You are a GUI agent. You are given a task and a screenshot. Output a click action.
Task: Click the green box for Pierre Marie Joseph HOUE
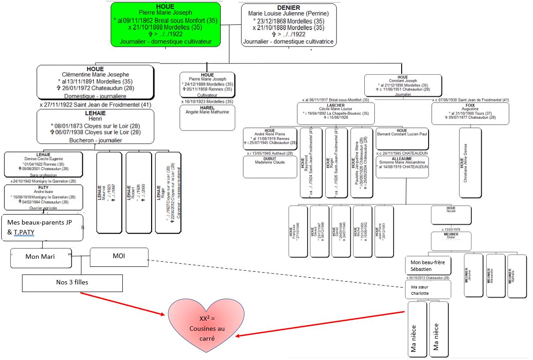point(166,24)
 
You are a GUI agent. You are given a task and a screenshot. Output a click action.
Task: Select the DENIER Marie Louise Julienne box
point(288,25)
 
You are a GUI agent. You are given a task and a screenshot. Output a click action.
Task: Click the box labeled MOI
point(119,256)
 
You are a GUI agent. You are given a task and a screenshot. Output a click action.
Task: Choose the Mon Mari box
point(41,258)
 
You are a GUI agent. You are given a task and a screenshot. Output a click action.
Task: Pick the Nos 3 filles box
point(72,283)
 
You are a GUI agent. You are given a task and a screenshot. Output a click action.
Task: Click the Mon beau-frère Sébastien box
point(428,265)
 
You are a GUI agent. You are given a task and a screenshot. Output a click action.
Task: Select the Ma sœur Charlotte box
point(428,289)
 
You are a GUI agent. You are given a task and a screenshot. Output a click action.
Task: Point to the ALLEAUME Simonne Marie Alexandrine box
point(402,166)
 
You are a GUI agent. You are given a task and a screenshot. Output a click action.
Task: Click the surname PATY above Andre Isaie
point(43,187)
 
